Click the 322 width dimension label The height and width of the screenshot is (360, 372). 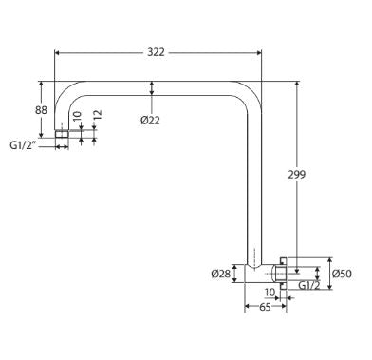coord(156,52)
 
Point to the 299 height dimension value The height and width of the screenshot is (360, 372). coord(297,175)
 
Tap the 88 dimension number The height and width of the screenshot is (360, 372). coord(41,110)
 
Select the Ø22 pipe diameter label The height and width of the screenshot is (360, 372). coord(150,121)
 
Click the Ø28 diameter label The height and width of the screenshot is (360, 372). coord(221,274)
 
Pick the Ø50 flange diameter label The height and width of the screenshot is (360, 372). coord(343,274)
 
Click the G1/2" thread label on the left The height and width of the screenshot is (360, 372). coord(22,145)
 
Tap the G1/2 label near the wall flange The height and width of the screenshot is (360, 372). coord(309,286)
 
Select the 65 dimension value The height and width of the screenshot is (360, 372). coord(265,307)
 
